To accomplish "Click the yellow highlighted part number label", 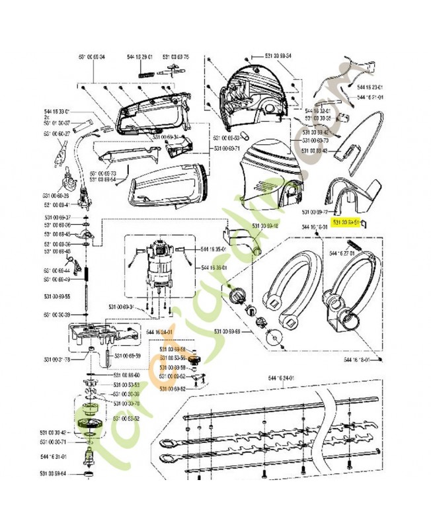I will coord(347,223).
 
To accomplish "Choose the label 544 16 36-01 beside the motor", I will coord(215,268).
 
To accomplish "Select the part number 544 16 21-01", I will coord(370,97).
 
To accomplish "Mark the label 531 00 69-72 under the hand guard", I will coord(314,212).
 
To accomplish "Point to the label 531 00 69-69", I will coord(227,331).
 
